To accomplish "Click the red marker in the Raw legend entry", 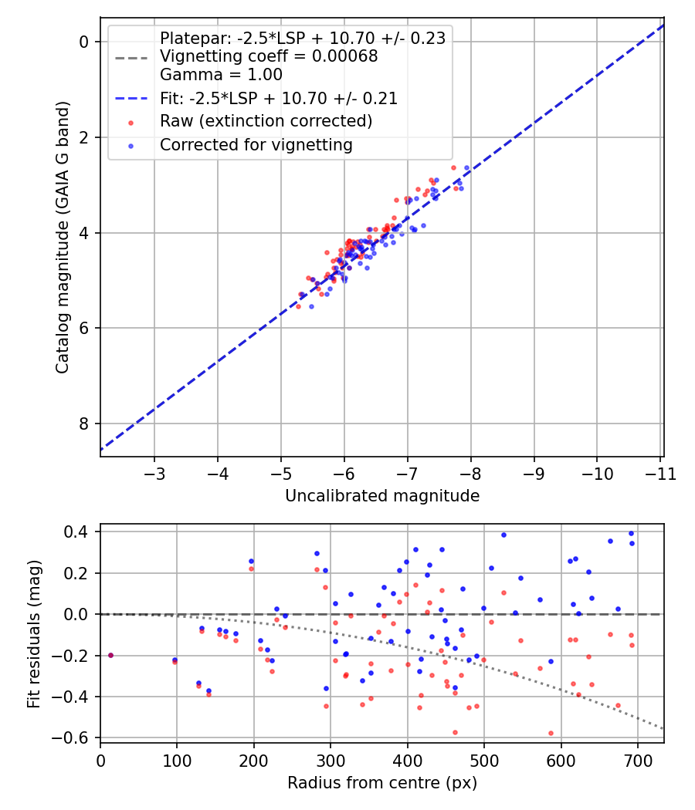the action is pyautogui.click(x=131, y=123).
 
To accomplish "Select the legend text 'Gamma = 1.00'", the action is pyautogui.click(x=221, y=74).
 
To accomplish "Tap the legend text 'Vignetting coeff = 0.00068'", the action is pyautogui.click(x=269, y=56).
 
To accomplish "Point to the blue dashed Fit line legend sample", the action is pyautogui.click(x=131, y=98).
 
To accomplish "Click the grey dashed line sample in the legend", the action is pyautogui.click(x=131, y=58).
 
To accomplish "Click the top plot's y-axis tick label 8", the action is pyautogui.click(x=83, y=424).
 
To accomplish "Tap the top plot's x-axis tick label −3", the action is pyautogui.click(x=154, y=473).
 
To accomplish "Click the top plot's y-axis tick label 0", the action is pyautogui.click(x=83, y=42).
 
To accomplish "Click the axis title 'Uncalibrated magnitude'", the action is pyautogui.click(x=382, y=496).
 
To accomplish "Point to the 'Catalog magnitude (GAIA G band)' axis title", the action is pyautogui.click(x=63, y=237).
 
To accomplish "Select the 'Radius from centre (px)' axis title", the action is pyautogui.click(x=382, y=783).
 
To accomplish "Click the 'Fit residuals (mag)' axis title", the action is pyautogui.click(x=34, y=634).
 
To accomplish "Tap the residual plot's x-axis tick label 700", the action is pyautogui.click(x=638, y=761).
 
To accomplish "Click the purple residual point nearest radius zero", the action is pyautogui.click(x=110, y=656).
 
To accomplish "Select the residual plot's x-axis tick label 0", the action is pyautogui.click(x=101, y=761).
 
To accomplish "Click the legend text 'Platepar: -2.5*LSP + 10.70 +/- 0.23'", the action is pyautogui.click(x=303, y=39).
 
